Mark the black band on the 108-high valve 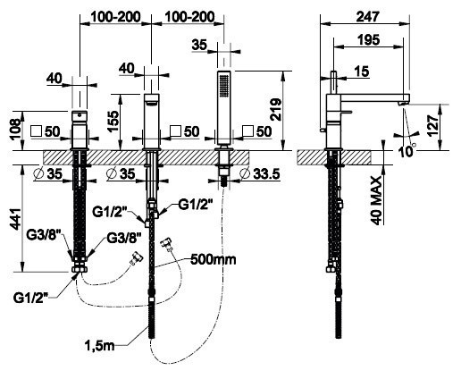pos(79,114)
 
